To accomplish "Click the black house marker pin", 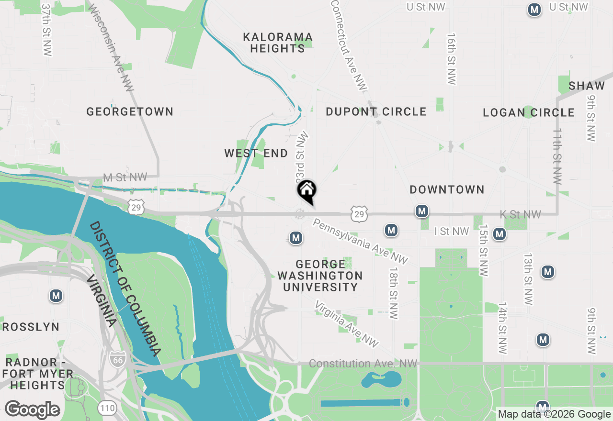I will tap(307, 190).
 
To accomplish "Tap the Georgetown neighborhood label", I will tap(130, 112).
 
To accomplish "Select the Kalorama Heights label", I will tap(278, 43).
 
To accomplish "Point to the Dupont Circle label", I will tap(376, 112).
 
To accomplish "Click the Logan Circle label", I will tap(529, 113).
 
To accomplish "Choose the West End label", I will tap(256, 154).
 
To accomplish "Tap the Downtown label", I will tap(447, 190).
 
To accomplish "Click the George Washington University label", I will tap(320, 276).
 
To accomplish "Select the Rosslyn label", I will tap(31, 327).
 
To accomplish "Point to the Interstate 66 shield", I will tap(117, 359).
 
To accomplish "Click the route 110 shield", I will tap(106, 408).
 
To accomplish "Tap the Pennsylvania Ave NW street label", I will tap(361, 241).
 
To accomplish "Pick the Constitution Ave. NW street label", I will tap(363, 364).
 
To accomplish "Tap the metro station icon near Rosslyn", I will tap(56, 296).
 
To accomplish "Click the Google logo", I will tap(32, 410).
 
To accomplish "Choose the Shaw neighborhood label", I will tap(587, 86).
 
